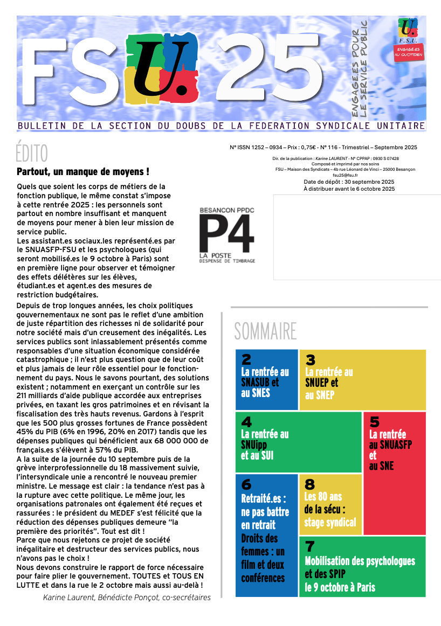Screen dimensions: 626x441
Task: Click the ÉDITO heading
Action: pyautogui.click(x=32, y=154)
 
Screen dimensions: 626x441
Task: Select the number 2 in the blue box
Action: pyautogui.click(x=246, y=359)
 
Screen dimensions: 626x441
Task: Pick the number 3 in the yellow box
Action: pyautogui.click(x=310, y=360)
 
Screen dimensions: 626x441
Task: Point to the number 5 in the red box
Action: pyautogui.click(x=375, y=422)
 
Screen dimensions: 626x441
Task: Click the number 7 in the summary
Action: pyautogui.click(x=310, y=547)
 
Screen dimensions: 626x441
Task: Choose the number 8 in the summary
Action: pyautogui.click(x=310, y=484)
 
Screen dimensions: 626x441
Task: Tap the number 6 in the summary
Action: pyautogui.click(x=246, y=484)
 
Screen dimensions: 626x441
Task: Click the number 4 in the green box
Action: pyautogui.click(x=246, y=422)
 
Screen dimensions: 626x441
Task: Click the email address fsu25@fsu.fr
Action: pyautogui.click(x=346, y=176)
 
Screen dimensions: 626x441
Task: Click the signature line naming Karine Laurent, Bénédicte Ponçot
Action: pyautogui.click(x=127, y=597)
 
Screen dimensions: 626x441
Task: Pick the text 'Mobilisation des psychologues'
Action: pyautogui.click(x=360, y=561)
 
